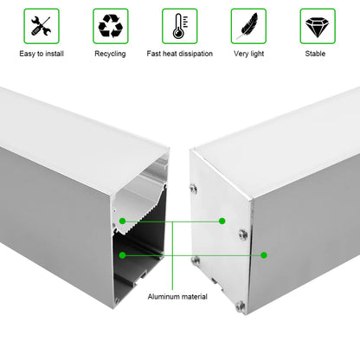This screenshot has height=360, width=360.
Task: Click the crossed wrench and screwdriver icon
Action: pos(42,26)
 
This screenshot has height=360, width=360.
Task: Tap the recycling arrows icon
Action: pos(111,26)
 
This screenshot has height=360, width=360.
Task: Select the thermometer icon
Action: pos(179,26)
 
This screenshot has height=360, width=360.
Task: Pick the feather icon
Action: pos(248,26)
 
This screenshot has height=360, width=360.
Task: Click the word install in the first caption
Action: pos(55,54)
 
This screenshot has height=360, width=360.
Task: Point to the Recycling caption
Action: pos(110,54)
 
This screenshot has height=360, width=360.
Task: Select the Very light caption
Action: pos(248,54)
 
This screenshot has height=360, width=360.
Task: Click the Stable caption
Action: pos(315,54)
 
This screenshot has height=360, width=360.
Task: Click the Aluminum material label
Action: pos(177,297)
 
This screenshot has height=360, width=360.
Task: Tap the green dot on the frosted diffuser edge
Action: pos(122,222)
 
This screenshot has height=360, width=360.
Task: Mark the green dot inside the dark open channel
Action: pos(122,255)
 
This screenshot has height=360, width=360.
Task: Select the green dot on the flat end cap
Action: pos(222,221)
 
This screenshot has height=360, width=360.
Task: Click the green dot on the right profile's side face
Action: pos(264,255)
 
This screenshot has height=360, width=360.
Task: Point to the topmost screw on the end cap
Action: pos(194,189)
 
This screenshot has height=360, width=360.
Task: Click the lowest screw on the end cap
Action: pos(240,305)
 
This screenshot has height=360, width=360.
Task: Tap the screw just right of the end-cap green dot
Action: pos(243,235)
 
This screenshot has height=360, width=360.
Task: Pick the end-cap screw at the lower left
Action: pos(196,260)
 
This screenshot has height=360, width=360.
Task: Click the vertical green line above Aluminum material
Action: pos(172,256)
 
